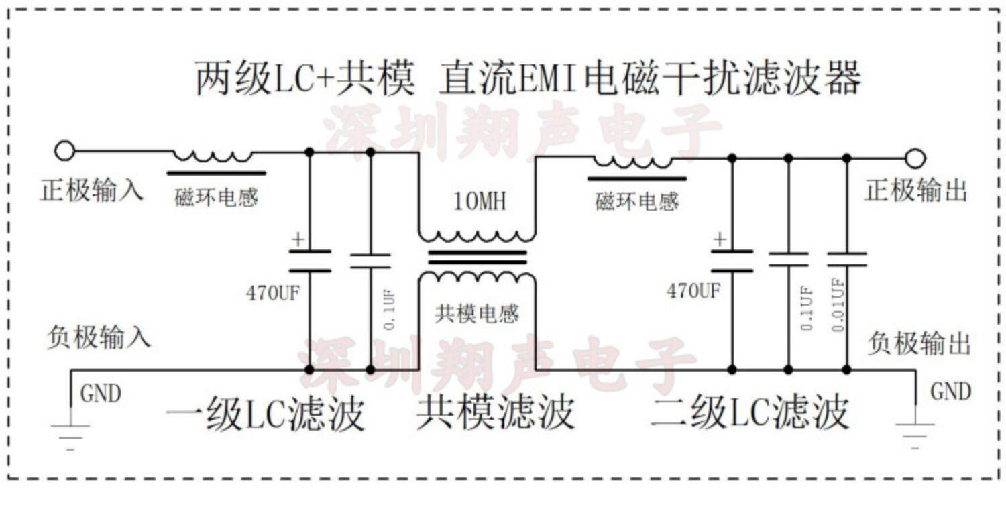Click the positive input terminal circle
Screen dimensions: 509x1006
point(64,152)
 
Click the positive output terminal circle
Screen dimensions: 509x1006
point(915,159)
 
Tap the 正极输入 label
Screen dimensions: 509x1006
point(92,190)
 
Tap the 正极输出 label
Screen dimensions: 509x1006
point(916,191)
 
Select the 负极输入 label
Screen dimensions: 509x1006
point(99,337)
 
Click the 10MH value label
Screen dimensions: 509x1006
point(480,201)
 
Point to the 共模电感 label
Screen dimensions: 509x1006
point(477,313)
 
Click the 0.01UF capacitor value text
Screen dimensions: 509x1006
point(838,305)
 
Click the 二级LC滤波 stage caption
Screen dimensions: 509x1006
point(750,412)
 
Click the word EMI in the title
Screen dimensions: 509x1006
point(548,79)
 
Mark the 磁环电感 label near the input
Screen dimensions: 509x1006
point(216,198)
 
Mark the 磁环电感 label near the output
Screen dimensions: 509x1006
point(636,201)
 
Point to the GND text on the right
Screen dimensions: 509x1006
point(950,392)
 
